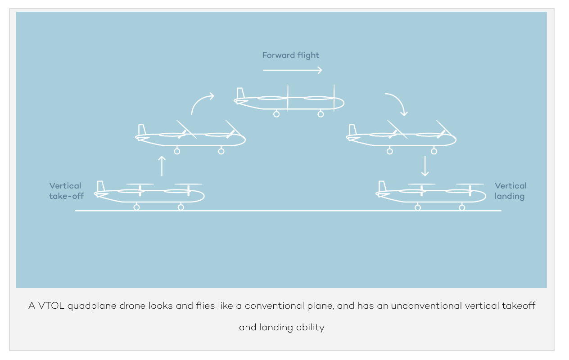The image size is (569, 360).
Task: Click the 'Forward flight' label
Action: (x=291, y=55)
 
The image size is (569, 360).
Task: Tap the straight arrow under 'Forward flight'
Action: (x=292, y=70)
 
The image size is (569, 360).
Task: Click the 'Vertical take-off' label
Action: (x=66, y=191)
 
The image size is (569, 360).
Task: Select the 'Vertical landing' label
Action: (x=510, y=191)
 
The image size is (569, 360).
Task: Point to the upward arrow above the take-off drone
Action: (x=162, y=166)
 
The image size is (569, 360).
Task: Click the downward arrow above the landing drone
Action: (x=425, y=166)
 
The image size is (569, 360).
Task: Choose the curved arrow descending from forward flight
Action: (x=398, y=101)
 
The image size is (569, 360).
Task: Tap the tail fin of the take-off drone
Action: (x=101, y=186)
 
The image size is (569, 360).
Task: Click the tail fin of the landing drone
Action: (x=382, y=186)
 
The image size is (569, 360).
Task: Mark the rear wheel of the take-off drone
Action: (x=137, y=207)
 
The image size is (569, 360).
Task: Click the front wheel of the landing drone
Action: (x=462, y=207)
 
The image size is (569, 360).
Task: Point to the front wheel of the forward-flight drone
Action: (x=321, y=114)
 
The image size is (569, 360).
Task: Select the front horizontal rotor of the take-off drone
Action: (x=189, y=184)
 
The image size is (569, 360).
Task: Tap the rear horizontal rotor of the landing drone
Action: (x=421, y=184)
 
